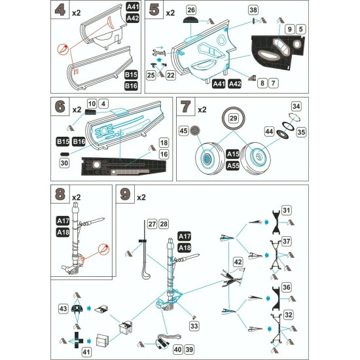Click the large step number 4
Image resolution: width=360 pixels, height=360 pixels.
point(60,11)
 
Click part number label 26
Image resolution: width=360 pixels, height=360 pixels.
point(190,10)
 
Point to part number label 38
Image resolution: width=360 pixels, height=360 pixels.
point(253,10)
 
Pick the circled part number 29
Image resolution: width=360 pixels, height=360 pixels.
point(233,118)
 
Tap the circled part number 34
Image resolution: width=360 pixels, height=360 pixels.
point(295,106)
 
